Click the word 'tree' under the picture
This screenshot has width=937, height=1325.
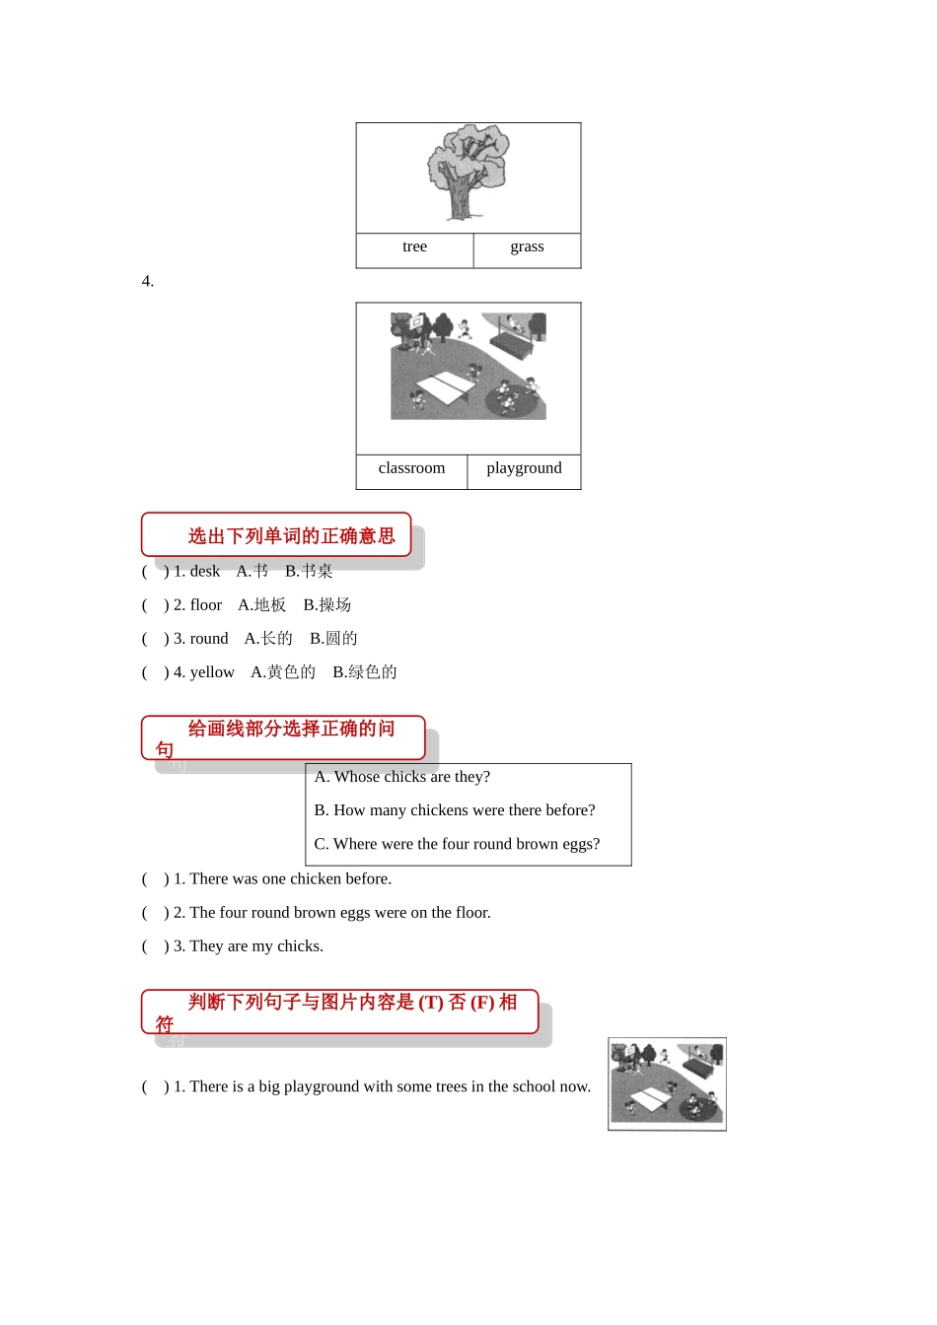click(x=414, y=246)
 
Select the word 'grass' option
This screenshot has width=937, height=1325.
click(x=527, y=246)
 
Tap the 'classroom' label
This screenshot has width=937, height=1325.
click(x=411, y=468)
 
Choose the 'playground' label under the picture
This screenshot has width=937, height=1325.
click(x=524, y=468)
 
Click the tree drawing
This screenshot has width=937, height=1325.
click(x=466, y=172)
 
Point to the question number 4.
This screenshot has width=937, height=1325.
click(x=148, y=281)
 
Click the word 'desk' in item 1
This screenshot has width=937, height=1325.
click(x=205, y=571)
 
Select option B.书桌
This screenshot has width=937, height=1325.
click(x=309, y=571)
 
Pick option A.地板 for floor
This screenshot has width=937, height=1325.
click(x=261, y=604)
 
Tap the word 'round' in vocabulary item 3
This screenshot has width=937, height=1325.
click(x=209, y=639)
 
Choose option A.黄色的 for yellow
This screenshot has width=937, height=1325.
click(x=283, y=672)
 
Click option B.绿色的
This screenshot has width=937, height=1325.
click(x=365, y=672)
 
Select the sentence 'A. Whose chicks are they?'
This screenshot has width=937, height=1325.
click(x=402, y=777)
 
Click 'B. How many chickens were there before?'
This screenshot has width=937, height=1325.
click(x=455, y=810)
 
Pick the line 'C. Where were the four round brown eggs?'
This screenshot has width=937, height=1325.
click(x=457, y=844)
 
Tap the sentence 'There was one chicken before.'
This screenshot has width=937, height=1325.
click(x=291, y=878)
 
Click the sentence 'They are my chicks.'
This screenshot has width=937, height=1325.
click(x=256, y=946)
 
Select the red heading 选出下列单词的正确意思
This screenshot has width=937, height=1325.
click(x=291, y=536)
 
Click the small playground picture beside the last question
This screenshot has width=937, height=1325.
click(x=668, y=1083)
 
